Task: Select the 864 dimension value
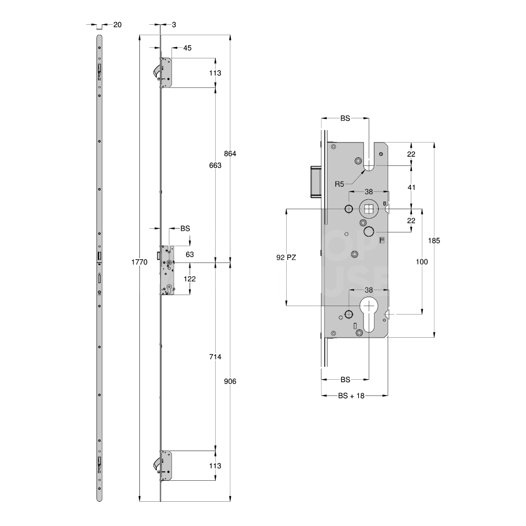pos(230,154)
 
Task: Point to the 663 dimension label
pos(215,165)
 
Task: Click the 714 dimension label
pos(215,357)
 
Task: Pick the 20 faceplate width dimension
pos(117,25)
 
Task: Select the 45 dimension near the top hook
pos(187,48)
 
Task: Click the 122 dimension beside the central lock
pos(189,278)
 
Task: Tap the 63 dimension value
pos(190,255)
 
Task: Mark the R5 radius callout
pos(340,184)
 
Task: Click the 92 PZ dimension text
pos(286,258)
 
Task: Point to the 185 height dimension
pos(434,240)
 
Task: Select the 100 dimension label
pos(422,261)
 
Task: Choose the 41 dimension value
pos(411,187)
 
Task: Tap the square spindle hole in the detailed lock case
pos(369,209)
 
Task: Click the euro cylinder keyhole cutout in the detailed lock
pos(369,313)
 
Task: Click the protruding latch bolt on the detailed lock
pos(316,181)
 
